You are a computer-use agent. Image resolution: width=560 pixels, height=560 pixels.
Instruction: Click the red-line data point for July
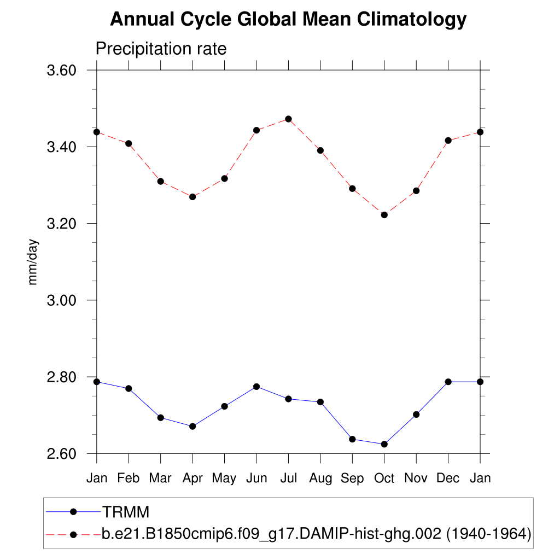click(x=288, y=119)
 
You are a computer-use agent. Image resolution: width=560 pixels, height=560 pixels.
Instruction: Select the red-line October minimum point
click(x=384, y=215)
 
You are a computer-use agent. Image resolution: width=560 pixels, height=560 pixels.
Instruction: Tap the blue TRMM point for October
click(x=384, y=444)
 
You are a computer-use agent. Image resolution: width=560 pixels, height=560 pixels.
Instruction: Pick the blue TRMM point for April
click(x=192, y=426)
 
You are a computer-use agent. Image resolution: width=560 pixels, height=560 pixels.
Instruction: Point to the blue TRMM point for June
click(x=256, y=387)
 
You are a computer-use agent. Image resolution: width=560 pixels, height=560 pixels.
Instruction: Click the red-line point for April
click(x=192, y=196)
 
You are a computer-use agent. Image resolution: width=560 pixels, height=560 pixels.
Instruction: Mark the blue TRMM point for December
click(x=448, y=382)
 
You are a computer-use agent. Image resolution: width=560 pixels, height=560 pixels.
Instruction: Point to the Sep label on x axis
click(x=352, y=478)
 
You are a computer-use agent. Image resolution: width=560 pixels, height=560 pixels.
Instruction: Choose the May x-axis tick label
click(x=224, y=478)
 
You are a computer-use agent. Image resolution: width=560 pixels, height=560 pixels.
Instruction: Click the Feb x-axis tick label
click(x=129, y=478)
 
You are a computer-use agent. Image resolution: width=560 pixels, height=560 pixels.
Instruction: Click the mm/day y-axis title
click(x=33, y=262)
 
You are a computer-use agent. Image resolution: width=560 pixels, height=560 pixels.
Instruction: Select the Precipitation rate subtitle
click(x=161, y=49)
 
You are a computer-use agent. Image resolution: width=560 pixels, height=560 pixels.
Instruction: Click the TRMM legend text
click(x=126, y=512)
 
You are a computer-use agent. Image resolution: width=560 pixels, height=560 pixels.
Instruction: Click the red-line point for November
click(x=416, y=191)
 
